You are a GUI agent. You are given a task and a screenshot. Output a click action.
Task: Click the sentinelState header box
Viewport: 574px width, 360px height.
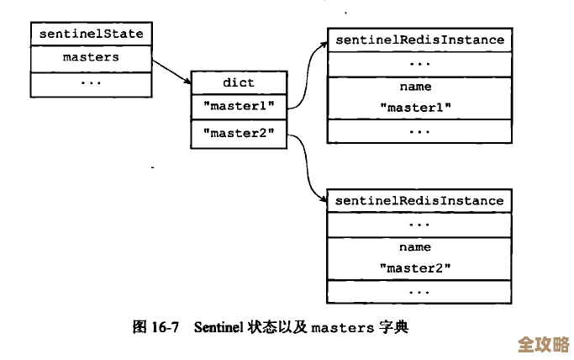coord(91,34)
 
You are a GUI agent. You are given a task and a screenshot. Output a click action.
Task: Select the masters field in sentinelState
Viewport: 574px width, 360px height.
coord(91,58)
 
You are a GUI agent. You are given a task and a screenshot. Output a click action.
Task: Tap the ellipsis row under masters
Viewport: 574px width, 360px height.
coord(91,83)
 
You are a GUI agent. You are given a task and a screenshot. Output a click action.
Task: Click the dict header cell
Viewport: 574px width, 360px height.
coord(238,82)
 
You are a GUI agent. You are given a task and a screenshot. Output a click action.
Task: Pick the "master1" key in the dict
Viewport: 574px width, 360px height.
coord(238,107)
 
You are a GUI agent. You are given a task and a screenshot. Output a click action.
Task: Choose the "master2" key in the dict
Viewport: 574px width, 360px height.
coord(238,132)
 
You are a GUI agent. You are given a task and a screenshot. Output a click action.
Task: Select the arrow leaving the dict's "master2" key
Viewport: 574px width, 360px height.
coord(306,168)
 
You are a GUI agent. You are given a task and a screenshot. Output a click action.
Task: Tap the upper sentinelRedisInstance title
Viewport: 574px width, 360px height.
coord(419,40)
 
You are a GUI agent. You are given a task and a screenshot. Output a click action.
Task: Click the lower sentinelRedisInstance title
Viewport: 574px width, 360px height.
coord(419,200)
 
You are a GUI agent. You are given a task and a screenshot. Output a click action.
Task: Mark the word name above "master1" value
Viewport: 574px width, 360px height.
coord(415,87)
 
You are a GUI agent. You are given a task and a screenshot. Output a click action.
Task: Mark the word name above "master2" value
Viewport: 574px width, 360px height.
coord(415,247)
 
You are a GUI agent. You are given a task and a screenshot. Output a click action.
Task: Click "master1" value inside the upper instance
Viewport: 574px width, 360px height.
coord(415,108)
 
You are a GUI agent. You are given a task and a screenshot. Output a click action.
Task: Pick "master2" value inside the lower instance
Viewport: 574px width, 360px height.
coord(415,268)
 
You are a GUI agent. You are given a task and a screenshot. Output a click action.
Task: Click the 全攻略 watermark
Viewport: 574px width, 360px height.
coord(542,344)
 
